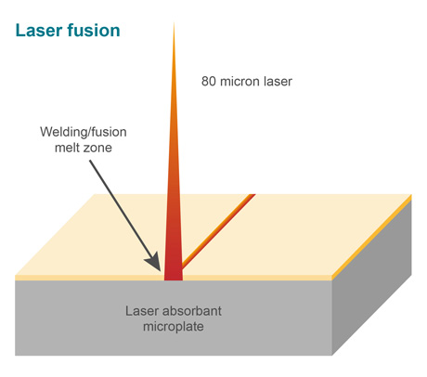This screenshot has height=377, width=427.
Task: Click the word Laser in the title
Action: click(39, 31)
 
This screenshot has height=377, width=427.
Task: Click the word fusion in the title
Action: click(94, 31)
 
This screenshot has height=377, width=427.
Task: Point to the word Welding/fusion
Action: click(84, 132)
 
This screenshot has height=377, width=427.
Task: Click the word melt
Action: click(65, 148)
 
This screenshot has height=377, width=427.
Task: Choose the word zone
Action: click(96, 149)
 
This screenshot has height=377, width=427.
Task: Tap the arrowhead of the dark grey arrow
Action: click(154, 262)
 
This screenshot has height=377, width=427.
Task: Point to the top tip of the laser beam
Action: click(174, 22)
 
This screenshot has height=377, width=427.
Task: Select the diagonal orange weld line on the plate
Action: click(218, 230)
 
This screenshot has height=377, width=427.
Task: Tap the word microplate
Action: click(174, 327)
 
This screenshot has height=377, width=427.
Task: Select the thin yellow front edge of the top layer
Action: click(174, 278)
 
